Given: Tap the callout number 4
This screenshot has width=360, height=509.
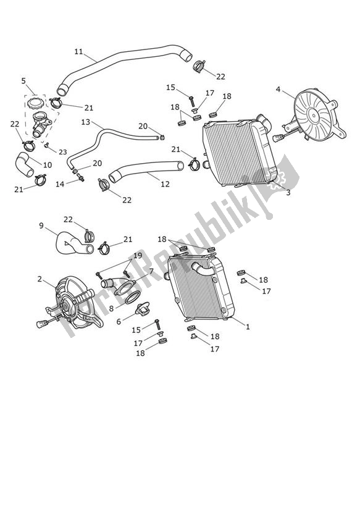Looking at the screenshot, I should click(278, 89).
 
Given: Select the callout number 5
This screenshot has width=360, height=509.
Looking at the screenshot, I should click(23, 80).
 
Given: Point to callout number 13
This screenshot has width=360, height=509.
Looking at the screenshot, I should click(86, 122).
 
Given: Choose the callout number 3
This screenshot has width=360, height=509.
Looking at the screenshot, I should click(288, 193).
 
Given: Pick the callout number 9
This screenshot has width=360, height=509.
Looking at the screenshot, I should click(42, 225).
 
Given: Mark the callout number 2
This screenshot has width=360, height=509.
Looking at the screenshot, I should click(40, 279).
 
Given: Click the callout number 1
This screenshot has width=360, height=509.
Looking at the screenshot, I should click(248, 327).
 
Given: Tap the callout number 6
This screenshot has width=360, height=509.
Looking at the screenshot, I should click(119, 321).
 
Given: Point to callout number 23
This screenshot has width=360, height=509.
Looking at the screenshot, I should click(63, 151).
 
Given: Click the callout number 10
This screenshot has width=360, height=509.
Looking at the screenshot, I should click(48, 165).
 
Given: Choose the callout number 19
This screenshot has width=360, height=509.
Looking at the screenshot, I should click(138, 255).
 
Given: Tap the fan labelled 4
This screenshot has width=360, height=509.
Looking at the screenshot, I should click(314, 117).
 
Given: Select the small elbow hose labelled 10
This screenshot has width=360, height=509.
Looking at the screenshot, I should click(25, 167).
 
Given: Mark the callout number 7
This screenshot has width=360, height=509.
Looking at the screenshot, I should click(151, 271).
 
